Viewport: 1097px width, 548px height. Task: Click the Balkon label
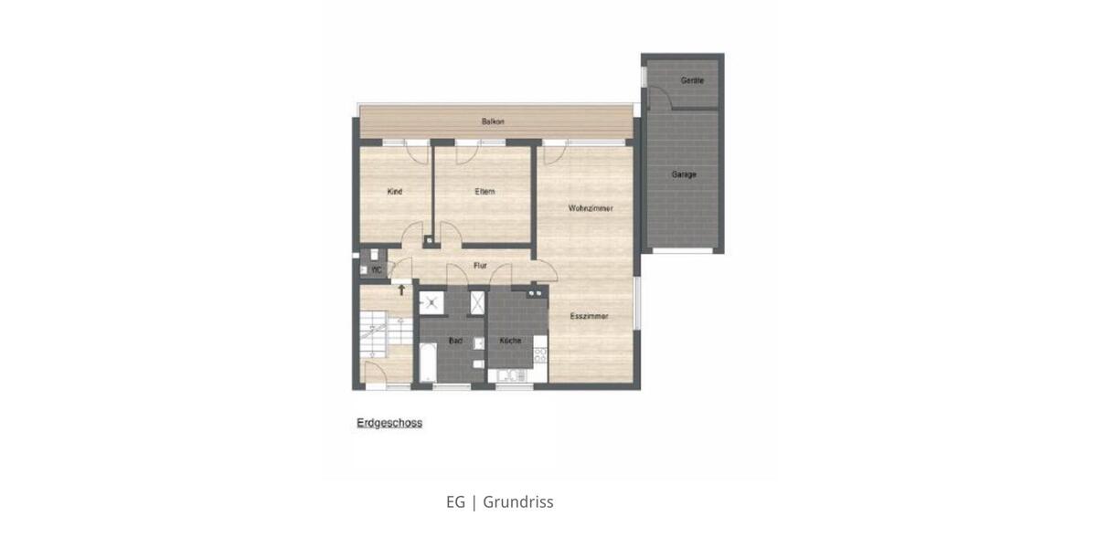click(x=493, y=121)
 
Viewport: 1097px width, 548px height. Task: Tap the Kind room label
click(x=395, y=192)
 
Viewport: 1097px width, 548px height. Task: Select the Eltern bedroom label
click(x=485, y=192)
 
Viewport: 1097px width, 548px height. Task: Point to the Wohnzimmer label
click(x=590, y=209)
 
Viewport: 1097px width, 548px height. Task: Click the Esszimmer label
click(x=589, y=317)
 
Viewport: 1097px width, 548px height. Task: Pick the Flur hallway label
click(x=480, y=266)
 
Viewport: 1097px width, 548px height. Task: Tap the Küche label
click(x=510, y=341)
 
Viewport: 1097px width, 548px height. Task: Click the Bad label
click(x=454, y=341)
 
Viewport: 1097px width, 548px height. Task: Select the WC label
click(x=376, y=269)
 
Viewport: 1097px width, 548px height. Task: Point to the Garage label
click(x=684, y=174)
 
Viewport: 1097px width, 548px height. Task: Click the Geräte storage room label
click(x=692, y=81)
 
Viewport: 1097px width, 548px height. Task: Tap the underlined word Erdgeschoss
click(x=389, y=424)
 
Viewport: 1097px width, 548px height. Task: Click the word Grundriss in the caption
click(x=517, y=502)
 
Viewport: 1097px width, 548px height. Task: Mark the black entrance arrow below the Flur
click(x=400, y=289)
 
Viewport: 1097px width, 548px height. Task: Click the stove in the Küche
click(x=539, y=351)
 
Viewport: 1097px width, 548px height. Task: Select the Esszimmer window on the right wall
click(x=637, y=301)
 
